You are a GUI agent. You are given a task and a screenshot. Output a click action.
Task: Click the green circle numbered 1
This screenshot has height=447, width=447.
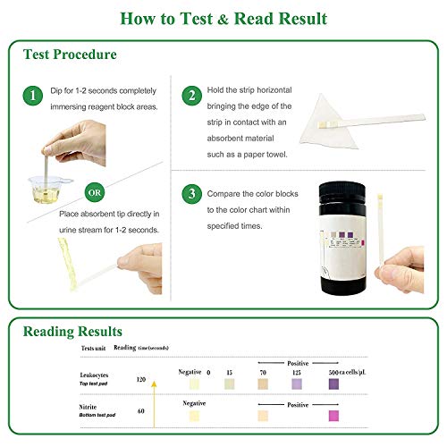point(34,96)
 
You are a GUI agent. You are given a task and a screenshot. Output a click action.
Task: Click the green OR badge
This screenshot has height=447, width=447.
point(94,192)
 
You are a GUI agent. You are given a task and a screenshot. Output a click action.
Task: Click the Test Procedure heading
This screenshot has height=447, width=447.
point(71,55)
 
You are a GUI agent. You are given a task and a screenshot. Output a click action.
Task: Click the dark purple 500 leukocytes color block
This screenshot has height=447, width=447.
point(333,384)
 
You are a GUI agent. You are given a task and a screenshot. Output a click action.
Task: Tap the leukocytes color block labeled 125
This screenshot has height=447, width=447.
point(298,384)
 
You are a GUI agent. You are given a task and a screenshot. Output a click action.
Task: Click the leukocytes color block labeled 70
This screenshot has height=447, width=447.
point(262,384)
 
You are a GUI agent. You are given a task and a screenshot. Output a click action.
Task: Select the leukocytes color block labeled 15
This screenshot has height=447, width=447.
point(229,384)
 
